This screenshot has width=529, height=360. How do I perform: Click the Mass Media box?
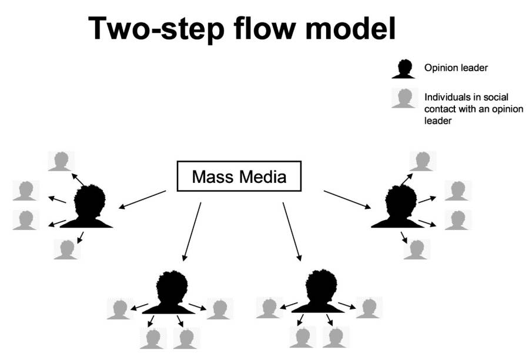[x=239, y=176]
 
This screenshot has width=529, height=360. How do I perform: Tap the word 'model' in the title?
[x=359, y=28]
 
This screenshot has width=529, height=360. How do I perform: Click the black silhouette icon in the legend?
[x=404, y=68]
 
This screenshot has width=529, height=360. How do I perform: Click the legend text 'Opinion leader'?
[x=456, y=68]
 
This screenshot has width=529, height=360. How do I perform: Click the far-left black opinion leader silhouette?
[x=89, y=206]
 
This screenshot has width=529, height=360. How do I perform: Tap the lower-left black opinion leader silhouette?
[x=170, y=292]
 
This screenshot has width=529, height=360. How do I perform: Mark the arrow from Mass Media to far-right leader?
[x=347, y=199]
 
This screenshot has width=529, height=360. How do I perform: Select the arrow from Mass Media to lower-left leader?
[x=192, y=231]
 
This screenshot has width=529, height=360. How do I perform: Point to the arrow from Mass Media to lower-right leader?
[x=292, y=231]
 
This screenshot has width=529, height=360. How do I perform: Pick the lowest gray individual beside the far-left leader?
[x=67, y=249]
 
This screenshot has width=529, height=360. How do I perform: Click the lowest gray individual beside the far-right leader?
[x=417, y=249]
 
